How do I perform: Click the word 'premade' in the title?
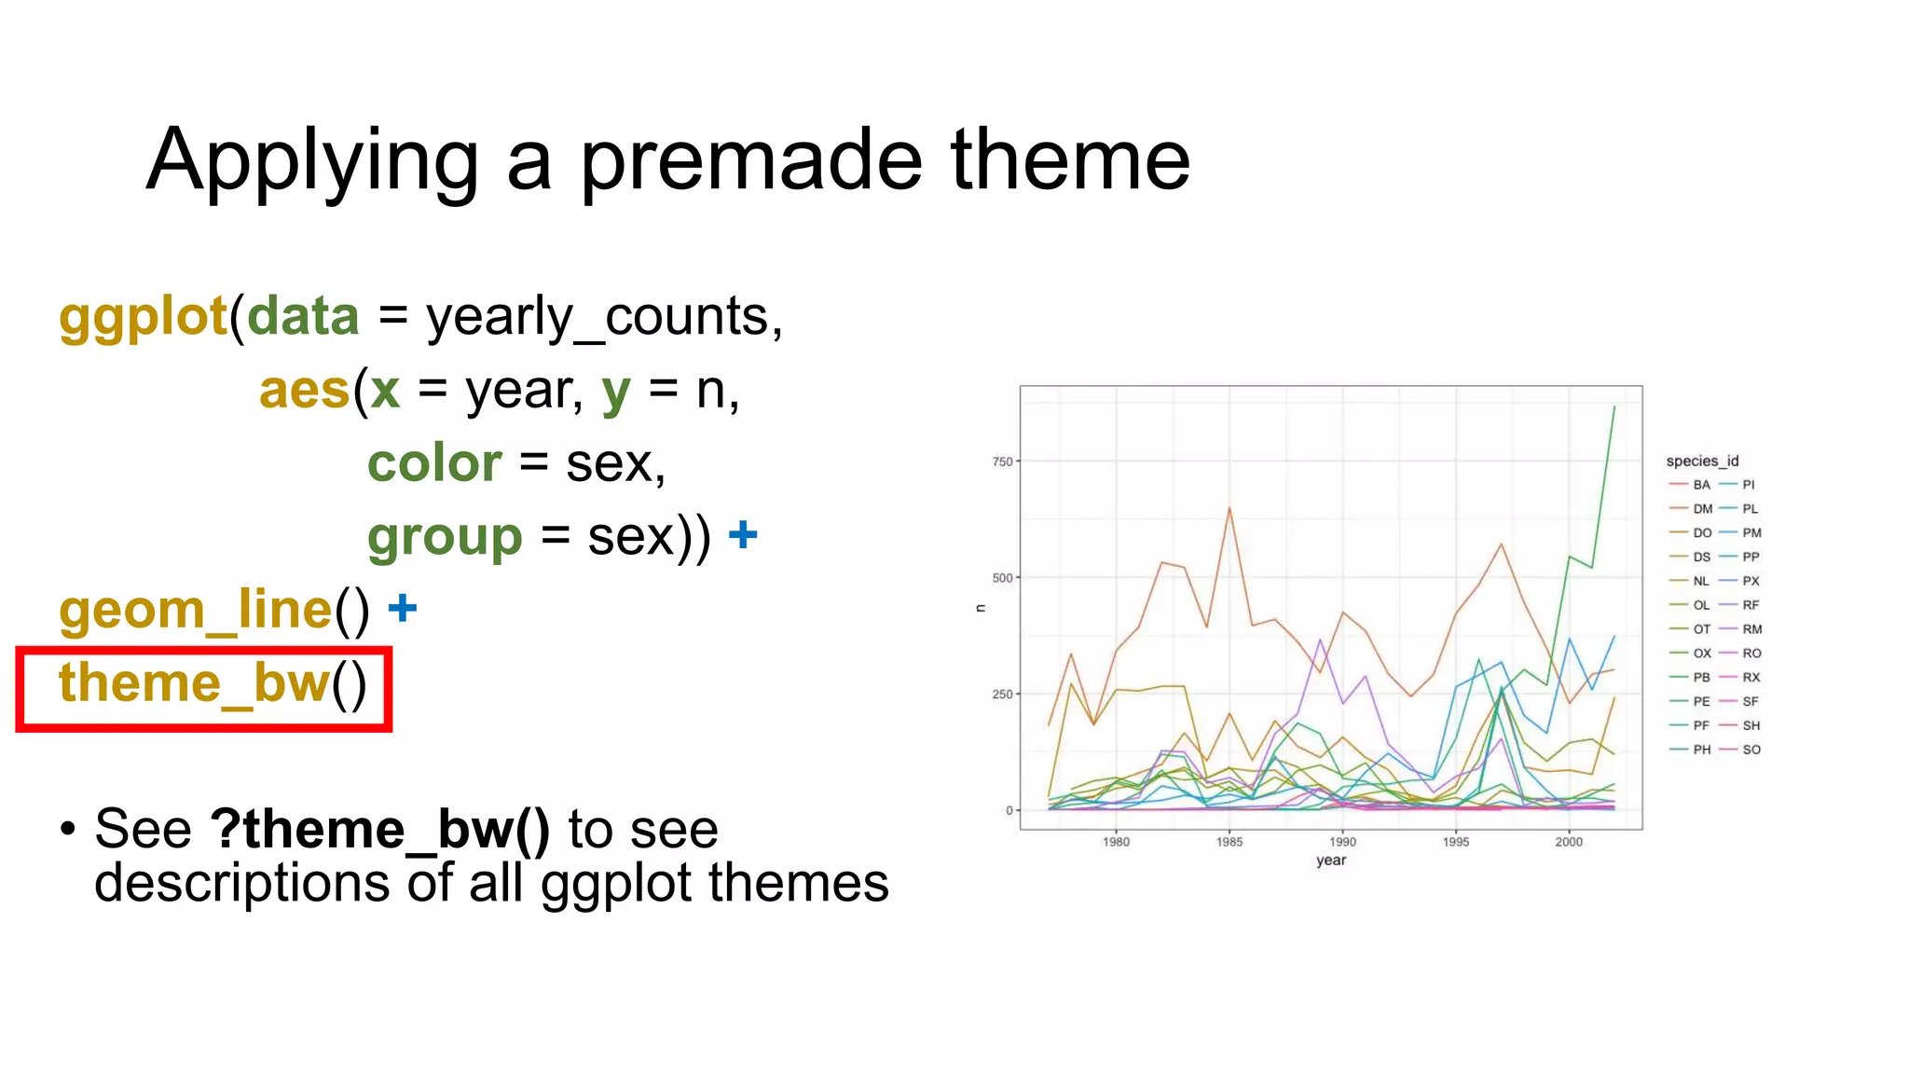pyautogui.click(x=751, y=162)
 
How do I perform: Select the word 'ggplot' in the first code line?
pyautogui.click(x=143, y=318)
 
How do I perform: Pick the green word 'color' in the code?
pyautogui.click(x=434, y=463)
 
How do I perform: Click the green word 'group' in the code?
pyautogui.click(x=445, y=537)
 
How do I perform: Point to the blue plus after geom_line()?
pyautogui.click(x=402, y=608)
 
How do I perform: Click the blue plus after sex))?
pyautogui.click(x=743, y=534)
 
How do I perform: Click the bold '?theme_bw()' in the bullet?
pyautogui.click(x=380, y=829)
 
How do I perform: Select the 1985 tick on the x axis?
pyautogui.click(x=1229, y=842)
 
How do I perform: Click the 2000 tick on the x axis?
pyautogui.click(x=1568, y=842)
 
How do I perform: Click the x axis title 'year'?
pyautogui.click(x=1330, y=861)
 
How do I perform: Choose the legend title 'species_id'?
pyautogui.click(x=1701, y=461)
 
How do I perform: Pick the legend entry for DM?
pyautogui.click(x=1701, y=509)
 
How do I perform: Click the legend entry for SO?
pyautogui.click(x=1750, y=750)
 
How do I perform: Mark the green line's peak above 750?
pyautogui.click(x=1614, y=407)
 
